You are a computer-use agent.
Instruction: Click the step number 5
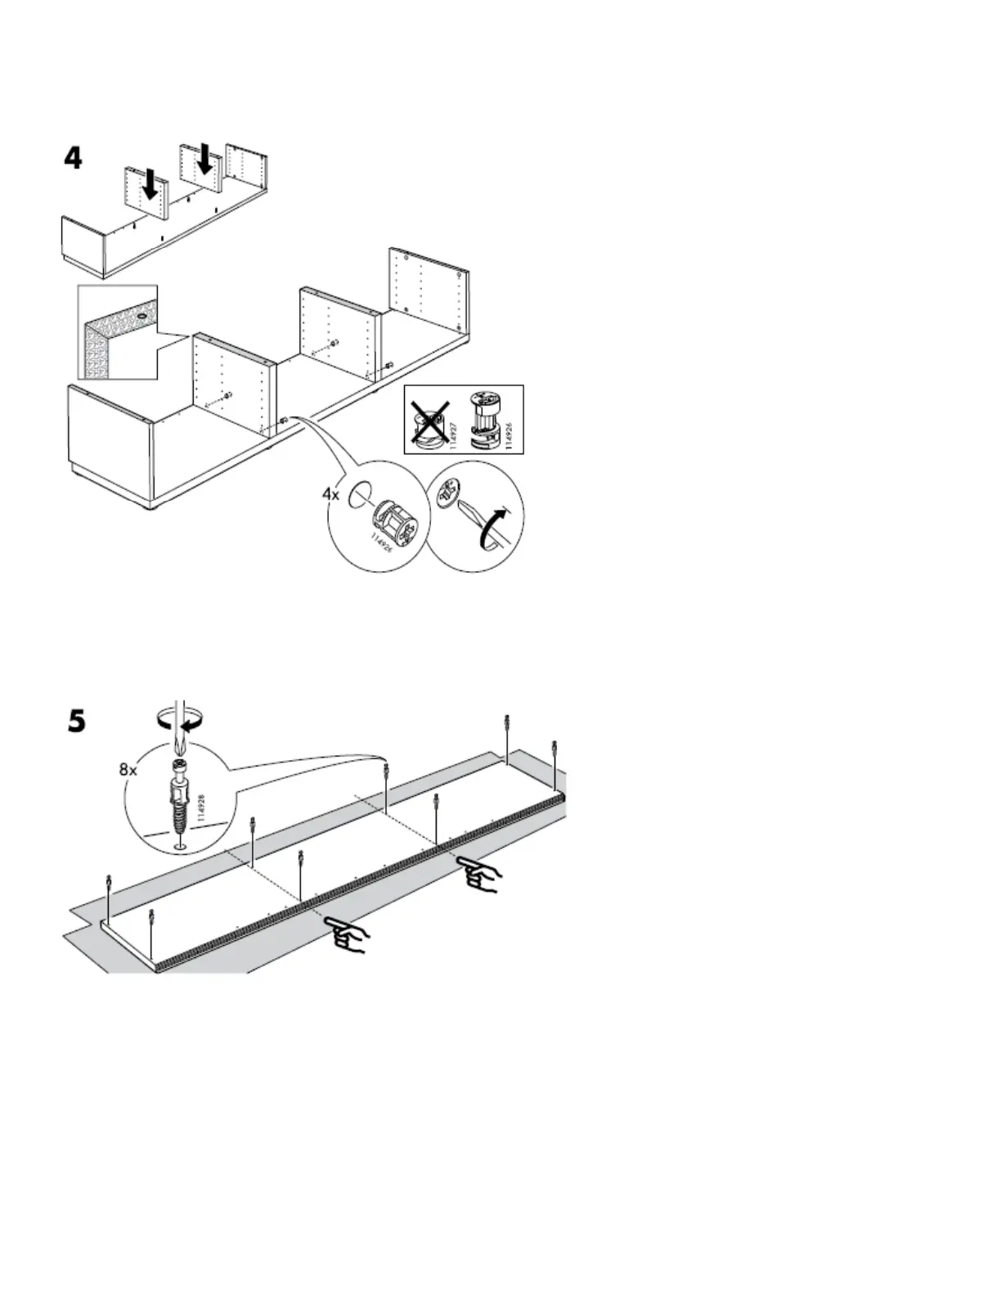[x=75, y=721]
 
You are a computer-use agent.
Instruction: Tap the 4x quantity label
[x=330, y=494]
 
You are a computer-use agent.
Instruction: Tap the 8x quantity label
[x=128, y=769]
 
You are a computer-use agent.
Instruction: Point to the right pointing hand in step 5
[x=480, y=875]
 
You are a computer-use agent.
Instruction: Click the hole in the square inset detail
[x=142, y=314]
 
